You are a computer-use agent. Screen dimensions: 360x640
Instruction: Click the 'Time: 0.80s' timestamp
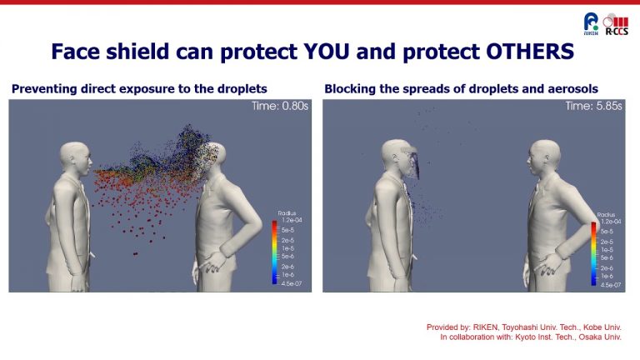point(279,107)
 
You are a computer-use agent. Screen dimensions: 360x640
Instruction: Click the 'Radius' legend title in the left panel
point(287,213)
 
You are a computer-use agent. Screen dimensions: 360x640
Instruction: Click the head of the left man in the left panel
point(75,159)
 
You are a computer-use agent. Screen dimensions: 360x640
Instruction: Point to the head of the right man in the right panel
point(540,158)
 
